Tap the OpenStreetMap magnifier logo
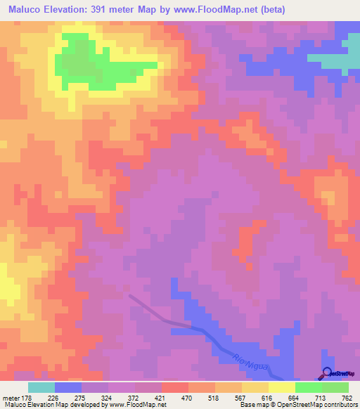click(x=328, y=374)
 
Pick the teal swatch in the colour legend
click(x=41, y=387)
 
